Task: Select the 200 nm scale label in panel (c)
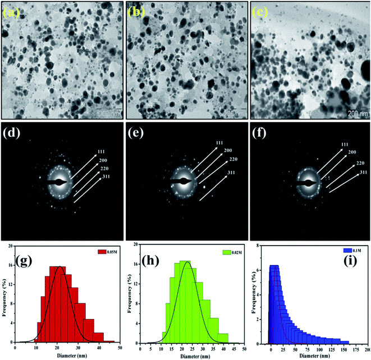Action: coord(359,113)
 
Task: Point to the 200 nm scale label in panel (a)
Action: coord(109,112)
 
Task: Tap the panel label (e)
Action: coord(138,135)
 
